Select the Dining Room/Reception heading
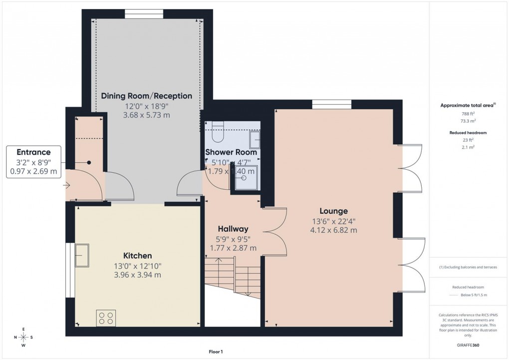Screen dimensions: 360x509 (147, 96)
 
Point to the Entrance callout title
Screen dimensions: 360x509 (33, 152)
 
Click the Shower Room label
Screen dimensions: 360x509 (231, 152)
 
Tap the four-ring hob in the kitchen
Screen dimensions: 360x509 (106, 318)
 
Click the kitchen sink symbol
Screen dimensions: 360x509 (81, 255)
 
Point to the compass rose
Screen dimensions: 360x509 (23, 338)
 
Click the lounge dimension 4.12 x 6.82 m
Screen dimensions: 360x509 (334, 230)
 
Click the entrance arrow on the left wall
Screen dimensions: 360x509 (67, 186)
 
